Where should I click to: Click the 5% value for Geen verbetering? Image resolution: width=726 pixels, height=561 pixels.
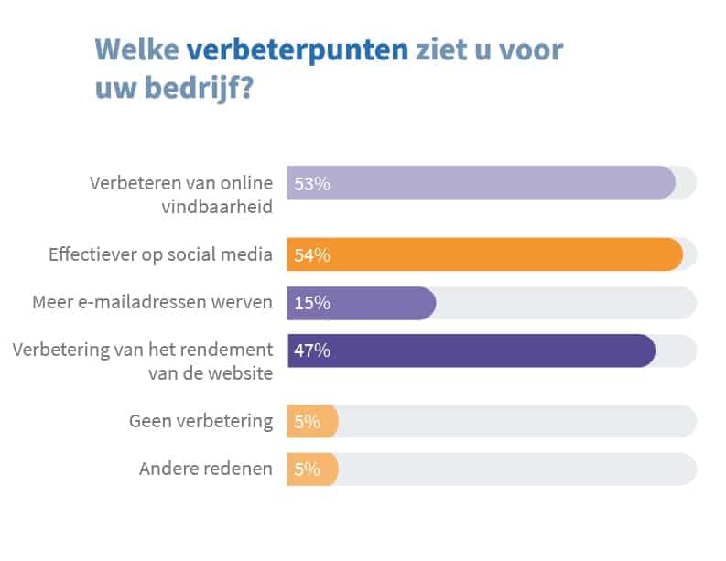[x=307, y=422]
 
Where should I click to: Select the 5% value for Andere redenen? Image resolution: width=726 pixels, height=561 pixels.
[x=307, y=469]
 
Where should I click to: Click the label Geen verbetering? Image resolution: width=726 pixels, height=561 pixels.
[x=200, y=422]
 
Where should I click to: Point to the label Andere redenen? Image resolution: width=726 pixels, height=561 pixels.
[x=205, y=469]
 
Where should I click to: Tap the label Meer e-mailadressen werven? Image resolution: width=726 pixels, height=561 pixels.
[x=152, y=303]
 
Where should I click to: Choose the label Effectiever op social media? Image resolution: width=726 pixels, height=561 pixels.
[x=160, y=255]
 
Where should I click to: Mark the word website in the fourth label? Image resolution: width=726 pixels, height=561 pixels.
[x=242, y=373]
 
